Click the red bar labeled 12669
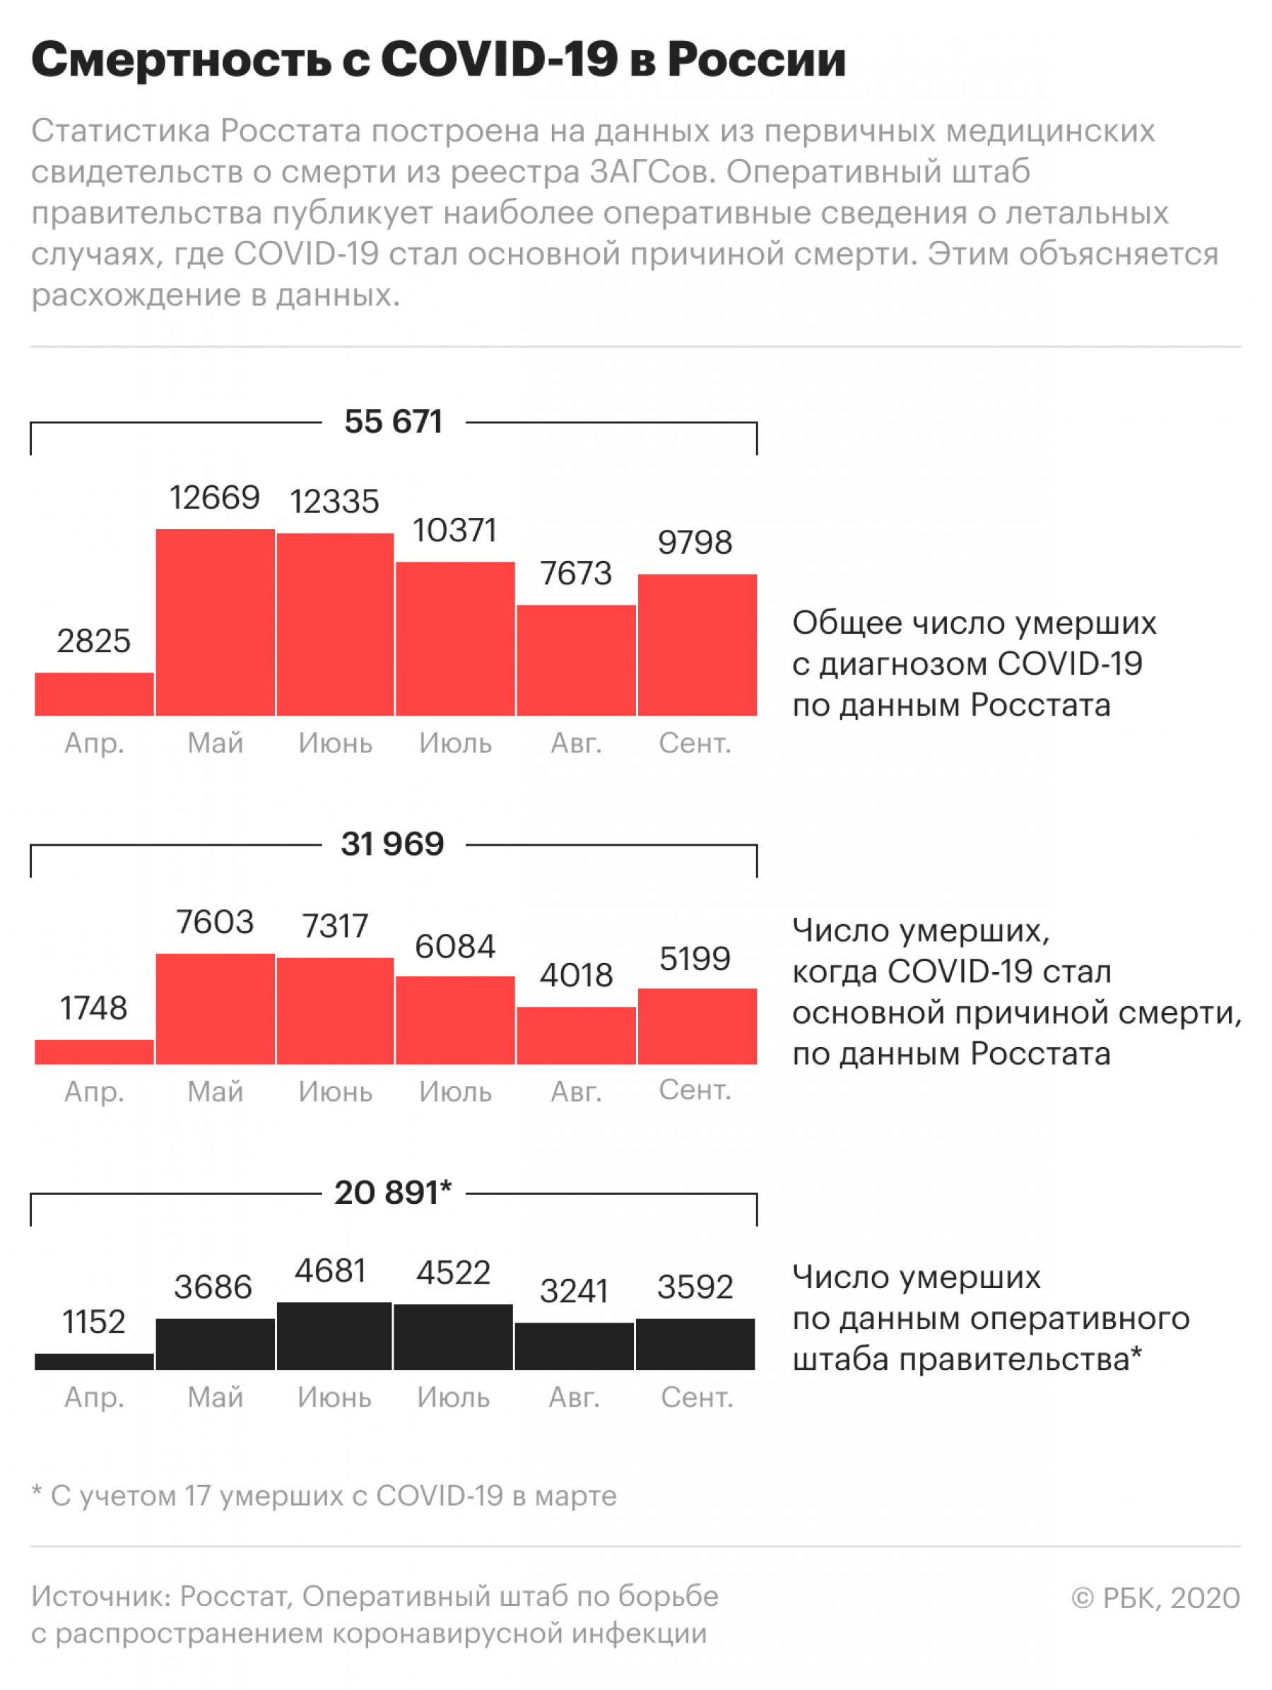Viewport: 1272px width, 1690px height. pyautogui.click(x=215, y=622)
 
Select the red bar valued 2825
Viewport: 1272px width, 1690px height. pyautogui.click(x=94, y=694)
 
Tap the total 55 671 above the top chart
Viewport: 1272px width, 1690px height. pyautogui.click(x=393, y=422)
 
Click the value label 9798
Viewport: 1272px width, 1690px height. pyautogui.click(x=695, y=543)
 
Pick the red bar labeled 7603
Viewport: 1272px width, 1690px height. pyautogui.click(x=215, y=1008)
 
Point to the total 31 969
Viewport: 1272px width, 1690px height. pyautogui.click(x=393, y=844)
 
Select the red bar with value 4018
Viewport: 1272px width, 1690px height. pyautogui.click(x=576, y=1035)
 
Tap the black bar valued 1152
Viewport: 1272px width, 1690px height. pyautogui.click(x=94, y=1361)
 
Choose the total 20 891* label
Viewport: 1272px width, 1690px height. pyautogui.click(x=393, y=1193)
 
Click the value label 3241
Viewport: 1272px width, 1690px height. pyautogui.click(x=574, y=1292)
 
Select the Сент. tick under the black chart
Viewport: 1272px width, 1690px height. pyautogui.click(x=696, y=1397)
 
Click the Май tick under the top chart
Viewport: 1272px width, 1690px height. pyautogui.click(x=215, y=743)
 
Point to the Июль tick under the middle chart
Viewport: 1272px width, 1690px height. pyautogui.click(x=455, y=1092)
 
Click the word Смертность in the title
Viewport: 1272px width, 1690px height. pyautogui.click(x=181, y=59)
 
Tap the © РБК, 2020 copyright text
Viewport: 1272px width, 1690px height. pyautogui.click(x=1155, y=1597)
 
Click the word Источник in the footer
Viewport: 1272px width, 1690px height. pyautogui.click(x=101, y=1596)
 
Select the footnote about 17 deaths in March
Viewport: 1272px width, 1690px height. pyautogui.click(x=324, y=1495)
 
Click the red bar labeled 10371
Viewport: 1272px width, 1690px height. pyautogui.click(x=455, y=639)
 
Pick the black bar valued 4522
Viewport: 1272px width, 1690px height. pyautogui.click(x=453, y=1337)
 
